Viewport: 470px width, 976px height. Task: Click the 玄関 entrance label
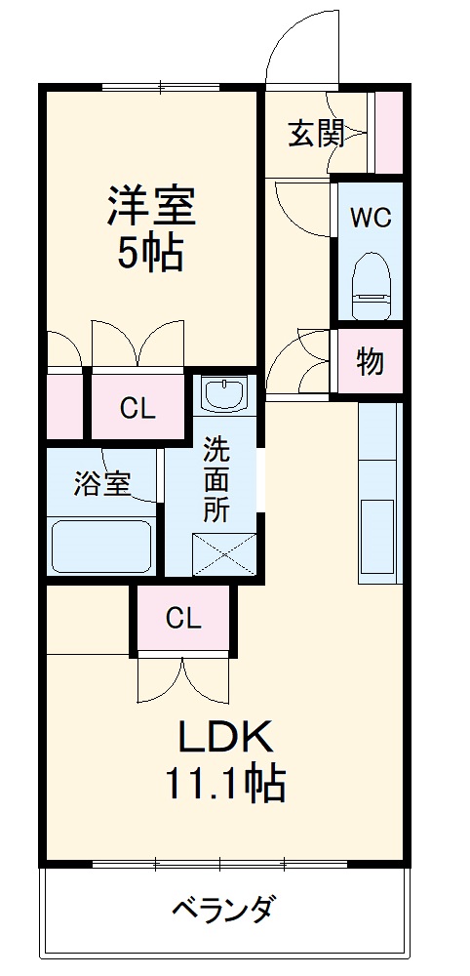(316, 133)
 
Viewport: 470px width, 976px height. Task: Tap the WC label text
(371, 217)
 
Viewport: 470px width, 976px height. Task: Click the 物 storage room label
(370, 362)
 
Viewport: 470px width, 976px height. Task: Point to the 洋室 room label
(151, 206)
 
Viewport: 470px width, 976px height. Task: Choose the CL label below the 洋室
(137, 408)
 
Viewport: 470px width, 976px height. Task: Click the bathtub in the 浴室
(101, 548)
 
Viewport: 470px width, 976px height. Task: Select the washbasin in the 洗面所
(226, 393)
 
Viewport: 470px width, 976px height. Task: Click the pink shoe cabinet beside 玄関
(389, 133)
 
